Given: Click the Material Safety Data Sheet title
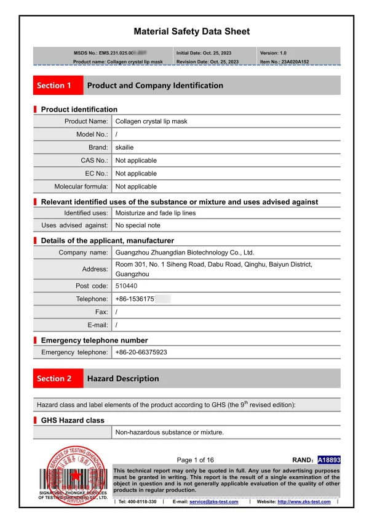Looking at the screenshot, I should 192,31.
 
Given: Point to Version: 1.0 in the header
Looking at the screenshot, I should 273,54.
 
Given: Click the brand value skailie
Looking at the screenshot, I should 127,148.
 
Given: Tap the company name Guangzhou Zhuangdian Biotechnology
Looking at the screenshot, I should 184,253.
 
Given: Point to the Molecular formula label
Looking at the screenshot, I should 81,187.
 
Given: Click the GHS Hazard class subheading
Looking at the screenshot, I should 73,420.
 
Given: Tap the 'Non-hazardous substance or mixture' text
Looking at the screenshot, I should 170,432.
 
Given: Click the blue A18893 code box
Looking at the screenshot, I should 328,460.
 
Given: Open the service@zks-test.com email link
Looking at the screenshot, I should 213,502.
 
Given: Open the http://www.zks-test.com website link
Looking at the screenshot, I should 304,502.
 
